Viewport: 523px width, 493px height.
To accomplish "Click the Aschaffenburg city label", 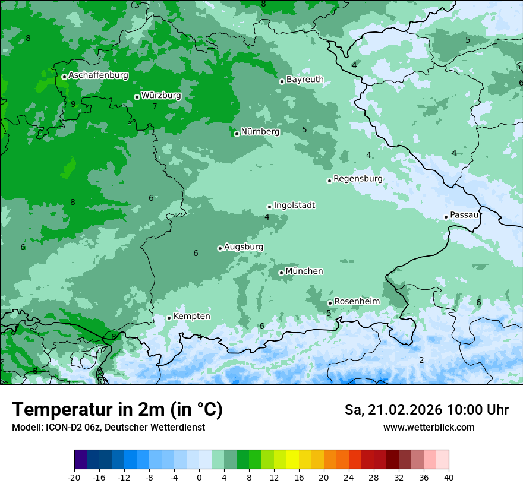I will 98,75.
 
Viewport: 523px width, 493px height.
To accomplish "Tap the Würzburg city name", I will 161,96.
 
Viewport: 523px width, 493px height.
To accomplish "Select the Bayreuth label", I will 305,80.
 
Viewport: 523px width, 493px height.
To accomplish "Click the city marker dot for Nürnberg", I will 237,134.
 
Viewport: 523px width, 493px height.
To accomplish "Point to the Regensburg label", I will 358,179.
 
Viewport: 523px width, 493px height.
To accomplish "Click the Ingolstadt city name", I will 294,206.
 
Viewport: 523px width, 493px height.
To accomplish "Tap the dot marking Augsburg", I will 220,248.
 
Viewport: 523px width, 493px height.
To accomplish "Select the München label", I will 304,271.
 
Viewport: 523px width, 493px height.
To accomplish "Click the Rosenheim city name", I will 357,302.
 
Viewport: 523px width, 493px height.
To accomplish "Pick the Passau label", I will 464,215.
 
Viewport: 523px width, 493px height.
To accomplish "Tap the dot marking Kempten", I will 169,318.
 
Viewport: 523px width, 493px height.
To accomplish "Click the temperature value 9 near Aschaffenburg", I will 73,104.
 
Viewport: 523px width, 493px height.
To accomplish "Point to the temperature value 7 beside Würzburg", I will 155,107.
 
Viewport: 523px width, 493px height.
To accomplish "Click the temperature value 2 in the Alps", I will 421,360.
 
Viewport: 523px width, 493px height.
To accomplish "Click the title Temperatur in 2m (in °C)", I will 117,409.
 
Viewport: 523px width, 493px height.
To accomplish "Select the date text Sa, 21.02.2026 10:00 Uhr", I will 426,410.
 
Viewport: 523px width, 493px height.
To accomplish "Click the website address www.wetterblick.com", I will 429,428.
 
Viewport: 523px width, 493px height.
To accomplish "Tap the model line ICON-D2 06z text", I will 108,428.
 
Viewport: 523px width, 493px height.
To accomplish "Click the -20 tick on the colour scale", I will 74,477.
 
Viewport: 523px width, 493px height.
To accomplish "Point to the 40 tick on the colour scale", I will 449,477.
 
